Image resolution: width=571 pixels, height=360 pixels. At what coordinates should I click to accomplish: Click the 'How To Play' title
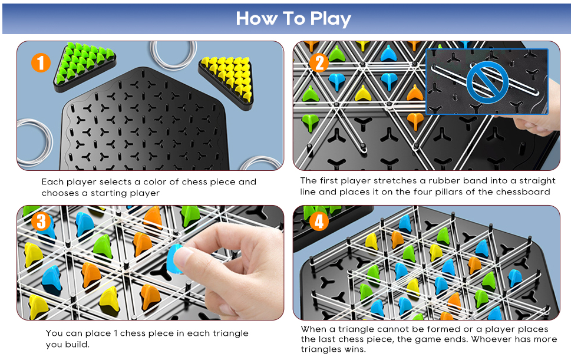pyautogui.click(x=293, y=18)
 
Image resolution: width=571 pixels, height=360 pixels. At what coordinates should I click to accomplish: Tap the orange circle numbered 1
pyautogui.click(x=41, y=62)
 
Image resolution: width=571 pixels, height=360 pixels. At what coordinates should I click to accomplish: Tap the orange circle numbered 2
pyautogui.click(x=318, y=62)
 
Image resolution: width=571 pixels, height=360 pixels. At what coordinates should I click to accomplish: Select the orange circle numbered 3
pyautogui.click(x=41, y=222)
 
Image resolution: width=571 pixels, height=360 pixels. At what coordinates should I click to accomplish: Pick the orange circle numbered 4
pyautogui.click(x=318, y=222)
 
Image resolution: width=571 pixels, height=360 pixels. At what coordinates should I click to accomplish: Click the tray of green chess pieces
pyautogui.click(x=84, y=66)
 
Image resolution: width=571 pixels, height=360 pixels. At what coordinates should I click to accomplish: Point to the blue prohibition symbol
pyautogui.click(x=487, y=82)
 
